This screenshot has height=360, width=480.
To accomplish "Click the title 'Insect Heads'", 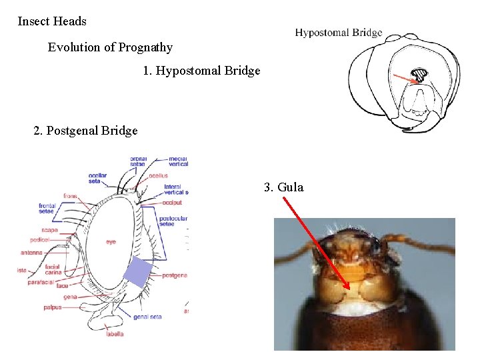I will click(52, 21).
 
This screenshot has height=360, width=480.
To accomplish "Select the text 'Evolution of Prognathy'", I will click(110, 47).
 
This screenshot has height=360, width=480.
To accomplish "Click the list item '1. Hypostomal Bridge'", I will click(201, 71).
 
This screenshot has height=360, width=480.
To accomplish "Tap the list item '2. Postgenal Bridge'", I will click(85, 131).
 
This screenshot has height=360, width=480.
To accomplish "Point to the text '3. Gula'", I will click(283, 187).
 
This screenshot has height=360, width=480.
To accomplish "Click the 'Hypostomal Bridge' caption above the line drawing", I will click(339, 33).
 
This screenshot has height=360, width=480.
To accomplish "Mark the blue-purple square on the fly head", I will click(139, 271).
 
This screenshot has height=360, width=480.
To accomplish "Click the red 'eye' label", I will click(111, 242).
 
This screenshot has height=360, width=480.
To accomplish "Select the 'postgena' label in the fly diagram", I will click(174, 275).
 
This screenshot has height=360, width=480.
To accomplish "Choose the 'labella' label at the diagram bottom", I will click(115, 333).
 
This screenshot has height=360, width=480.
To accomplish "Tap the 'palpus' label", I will click(52, 307).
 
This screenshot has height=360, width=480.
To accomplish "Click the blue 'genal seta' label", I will click(147, 317).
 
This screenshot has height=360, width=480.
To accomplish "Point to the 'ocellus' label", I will click(158, 175).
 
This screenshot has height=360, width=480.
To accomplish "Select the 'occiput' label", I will click(172, 202).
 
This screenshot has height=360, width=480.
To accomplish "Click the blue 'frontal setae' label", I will click(47, 208).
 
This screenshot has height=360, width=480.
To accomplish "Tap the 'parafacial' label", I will click(41, 281).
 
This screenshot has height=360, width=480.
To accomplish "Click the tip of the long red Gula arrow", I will click(348, 289).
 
